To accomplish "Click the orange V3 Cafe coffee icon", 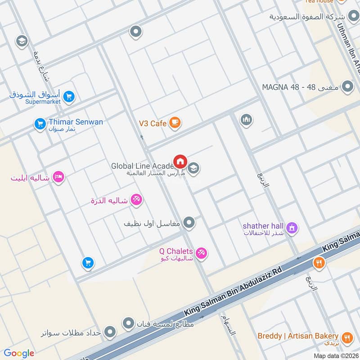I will pos(175,122).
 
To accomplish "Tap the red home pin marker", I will pos(180,161).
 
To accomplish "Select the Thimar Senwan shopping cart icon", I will pos(40,122).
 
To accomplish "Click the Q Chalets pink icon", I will pos(202,253).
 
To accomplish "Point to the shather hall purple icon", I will pos(292,228).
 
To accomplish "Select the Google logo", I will pos(19,353).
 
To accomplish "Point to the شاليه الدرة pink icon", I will pos(136,199).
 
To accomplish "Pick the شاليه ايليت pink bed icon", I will pos(58,177).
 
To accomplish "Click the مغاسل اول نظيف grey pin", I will pos(189,222).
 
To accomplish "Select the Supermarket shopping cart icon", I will pos(69,96).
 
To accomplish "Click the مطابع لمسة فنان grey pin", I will pos(129,323).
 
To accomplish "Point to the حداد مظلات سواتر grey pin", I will pos(109,333).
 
